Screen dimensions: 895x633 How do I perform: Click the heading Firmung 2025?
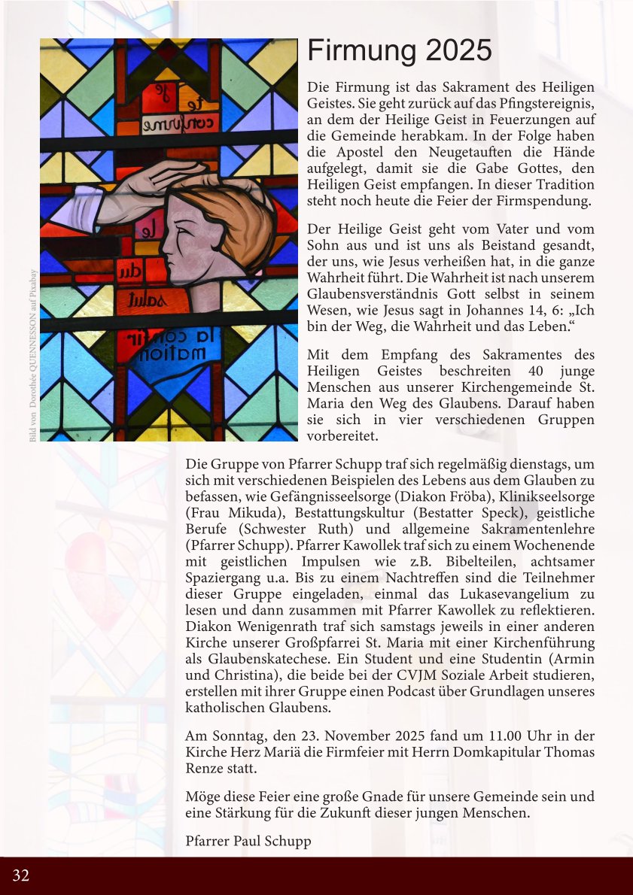click(x=400, y=52)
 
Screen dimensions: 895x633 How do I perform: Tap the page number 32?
click(x=21, y=875)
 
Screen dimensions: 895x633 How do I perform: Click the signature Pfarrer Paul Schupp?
click(x=248, y=841)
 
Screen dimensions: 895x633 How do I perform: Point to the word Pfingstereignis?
click(x=543, y=103)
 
